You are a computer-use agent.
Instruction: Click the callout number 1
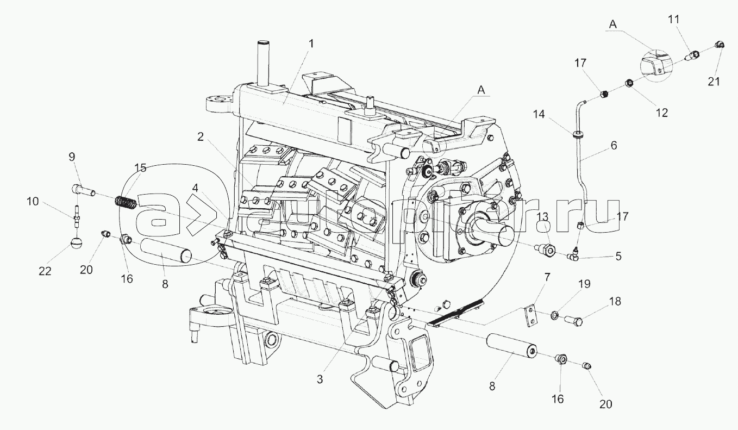(x=311, y=43)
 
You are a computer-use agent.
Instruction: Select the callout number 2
(x=201, y=137)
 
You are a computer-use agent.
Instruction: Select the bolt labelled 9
(x=83, y=190)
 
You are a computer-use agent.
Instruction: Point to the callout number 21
(x=714, y=82)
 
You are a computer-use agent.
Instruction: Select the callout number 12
(x=661, y=113)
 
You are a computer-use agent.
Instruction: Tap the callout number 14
(x=539, y=114)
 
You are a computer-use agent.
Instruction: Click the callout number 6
(x=614, y=146)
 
